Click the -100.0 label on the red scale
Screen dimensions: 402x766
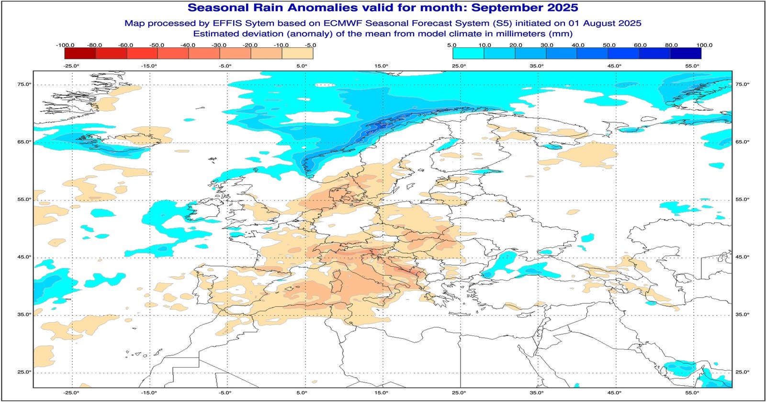pos(65,45)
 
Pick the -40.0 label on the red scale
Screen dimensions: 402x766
pos(188,45)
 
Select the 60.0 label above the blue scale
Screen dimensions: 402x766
pos(640,45)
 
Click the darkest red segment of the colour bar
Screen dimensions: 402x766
pos(79,53)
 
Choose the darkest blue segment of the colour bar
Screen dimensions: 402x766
pos(686,53)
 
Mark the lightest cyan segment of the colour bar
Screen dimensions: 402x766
pos(468,53)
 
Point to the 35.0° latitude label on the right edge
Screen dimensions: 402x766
pos(742,314)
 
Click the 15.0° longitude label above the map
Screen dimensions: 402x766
pos(381,66)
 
